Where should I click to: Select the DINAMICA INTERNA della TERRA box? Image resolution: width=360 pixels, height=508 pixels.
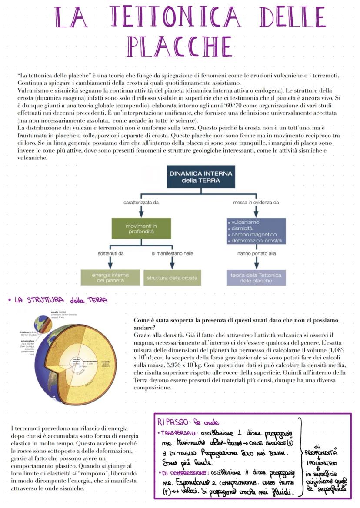[200, 176]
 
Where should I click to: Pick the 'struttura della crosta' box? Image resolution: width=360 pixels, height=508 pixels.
[172, 278]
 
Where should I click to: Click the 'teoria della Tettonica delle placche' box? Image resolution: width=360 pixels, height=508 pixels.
[256, 278]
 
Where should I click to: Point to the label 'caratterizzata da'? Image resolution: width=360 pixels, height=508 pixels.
[141, 203]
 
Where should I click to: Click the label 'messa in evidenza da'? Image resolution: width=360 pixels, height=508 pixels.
[256, 203]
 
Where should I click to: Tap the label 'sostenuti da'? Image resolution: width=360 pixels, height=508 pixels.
[110, 253]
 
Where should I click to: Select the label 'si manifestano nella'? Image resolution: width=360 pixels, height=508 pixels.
[173, 253]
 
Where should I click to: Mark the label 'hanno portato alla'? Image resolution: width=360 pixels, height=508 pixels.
[256, 253]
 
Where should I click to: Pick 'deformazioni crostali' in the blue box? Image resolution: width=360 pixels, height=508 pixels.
[257, 241]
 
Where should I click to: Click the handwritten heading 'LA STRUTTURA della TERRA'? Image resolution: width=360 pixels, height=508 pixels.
[61, 300]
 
